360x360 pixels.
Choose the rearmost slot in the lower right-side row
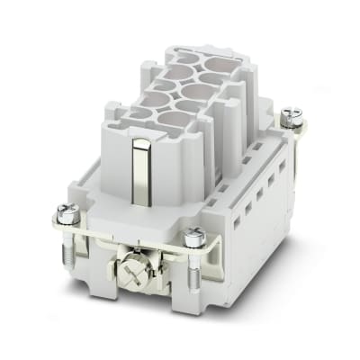coord(282,185)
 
